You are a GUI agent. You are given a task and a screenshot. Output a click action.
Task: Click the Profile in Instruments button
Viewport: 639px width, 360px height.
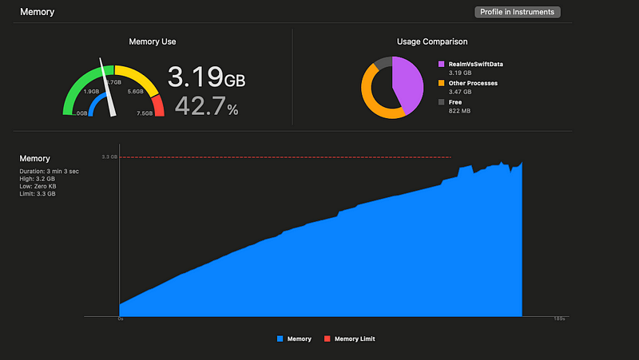pos(518,12)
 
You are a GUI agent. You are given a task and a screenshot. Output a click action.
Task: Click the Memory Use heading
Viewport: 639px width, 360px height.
pos(153,42)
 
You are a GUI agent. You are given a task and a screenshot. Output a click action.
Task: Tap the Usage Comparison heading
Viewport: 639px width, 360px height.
pos(432,42)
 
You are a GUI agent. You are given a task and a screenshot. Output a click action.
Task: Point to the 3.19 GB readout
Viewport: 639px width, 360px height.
pos(206,78)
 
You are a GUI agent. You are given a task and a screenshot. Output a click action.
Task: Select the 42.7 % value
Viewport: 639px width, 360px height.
pos(206,106)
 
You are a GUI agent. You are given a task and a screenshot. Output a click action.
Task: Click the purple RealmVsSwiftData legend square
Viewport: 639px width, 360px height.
pos(441,64)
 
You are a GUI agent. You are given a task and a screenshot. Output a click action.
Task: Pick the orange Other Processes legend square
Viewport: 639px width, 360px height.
pos(441,83)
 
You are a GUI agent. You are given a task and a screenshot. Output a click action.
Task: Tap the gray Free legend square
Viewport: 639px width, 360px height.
pos(441,102)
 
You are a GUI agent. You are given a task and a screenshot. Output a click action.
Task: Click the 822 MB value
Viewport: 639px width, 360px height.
pos(459,112)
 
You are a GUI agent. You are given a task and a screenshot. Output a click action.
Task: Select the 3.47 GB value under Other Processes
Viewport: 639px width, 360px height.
pos(461,93)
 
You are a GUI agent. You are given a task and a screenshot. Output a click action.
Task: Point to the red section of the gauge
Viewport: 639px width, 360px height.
pos(158,105)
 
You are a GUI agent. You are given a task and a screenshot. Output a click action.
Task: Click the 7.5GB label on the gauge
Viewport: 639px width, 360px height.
pos(144,113)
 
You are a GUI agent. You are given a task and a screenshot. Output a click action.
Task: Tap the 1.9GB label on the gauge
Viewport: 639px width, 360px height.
pos(91,92)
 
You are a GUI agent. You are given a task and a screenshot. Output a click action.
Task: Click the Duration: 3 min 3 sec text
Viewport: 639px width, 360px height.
pos(50,171)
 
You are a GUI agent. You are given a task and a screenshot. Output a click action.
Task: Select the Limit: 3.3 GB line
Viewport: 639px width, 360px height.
pos(38,194)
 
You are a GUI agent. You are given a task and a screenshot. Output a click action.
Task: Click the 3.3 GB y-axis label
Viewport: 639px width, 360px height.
pos(109,157)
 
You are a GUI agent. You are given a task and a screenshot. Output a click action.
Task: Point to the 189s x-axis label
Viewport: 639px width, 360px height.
pos(559,319)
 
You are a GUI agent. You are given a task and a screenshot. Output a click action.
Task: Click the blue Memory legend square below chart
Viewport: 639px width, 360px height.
pos(280,339)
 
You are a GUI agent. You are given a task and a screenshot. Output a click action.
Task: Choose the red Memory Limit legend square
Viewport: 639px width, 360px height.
pos(327,339)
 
